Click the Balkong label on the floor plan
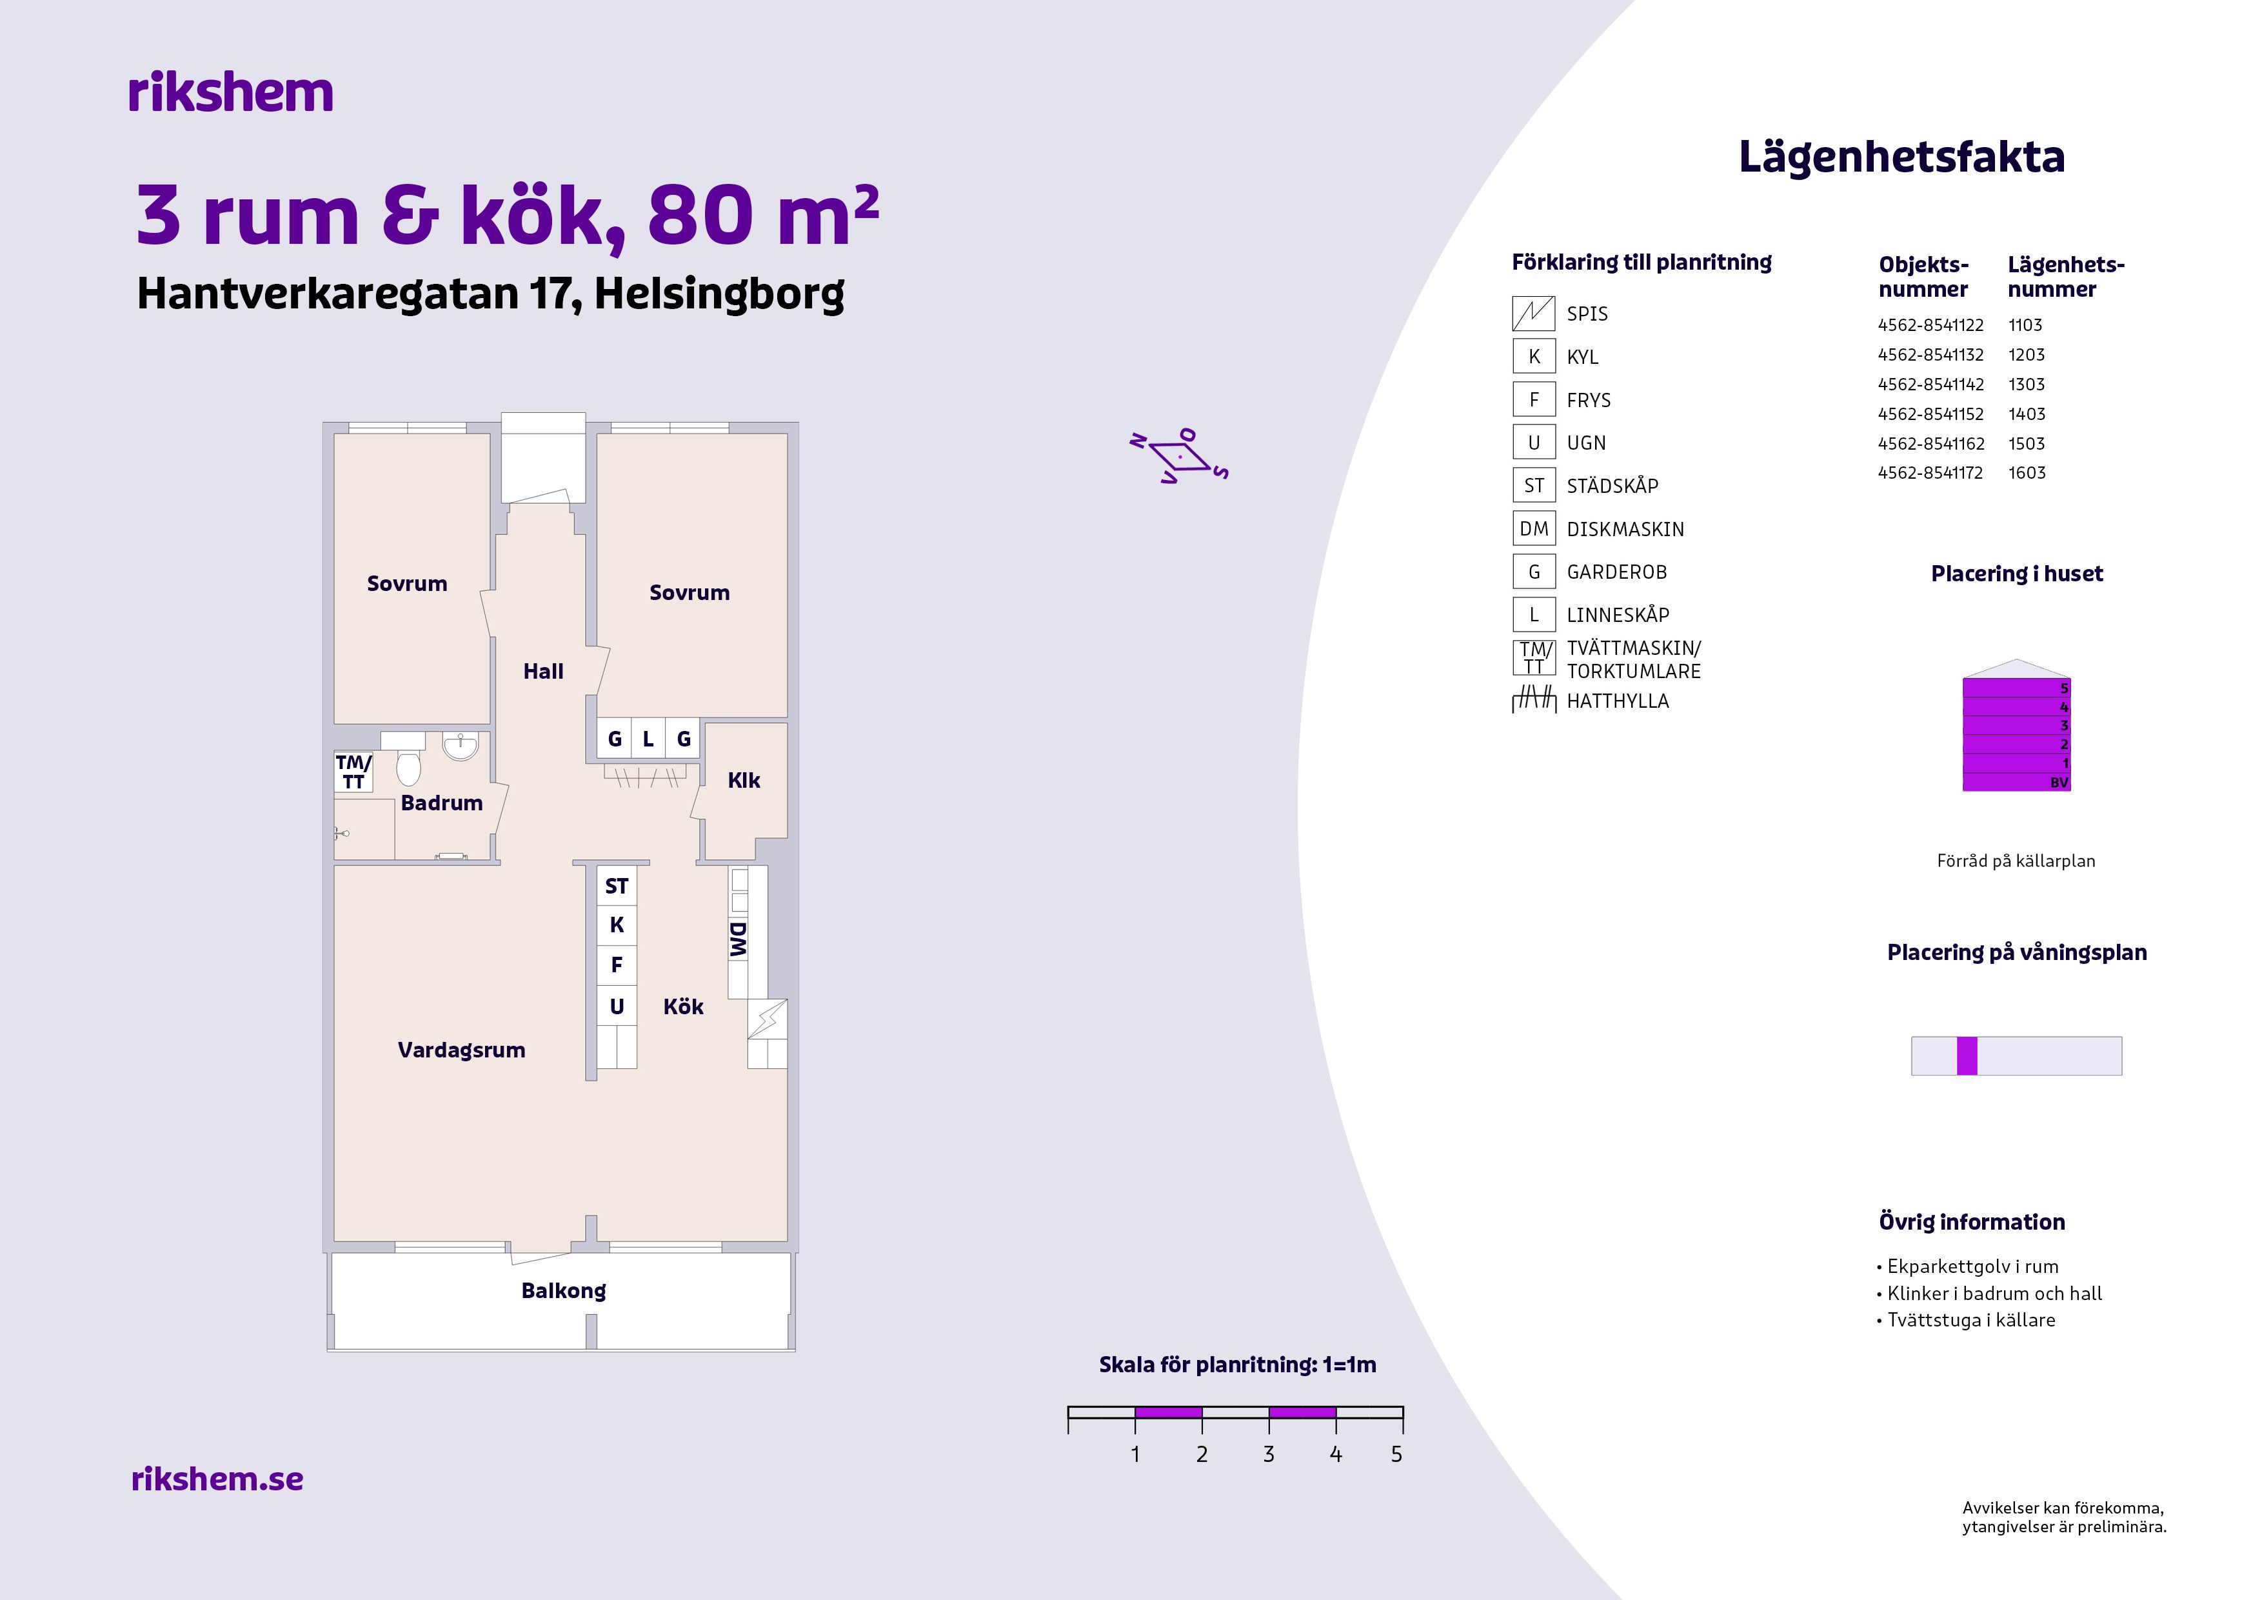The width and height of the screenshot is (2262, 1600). pyautogui.click(x=564, y=1290)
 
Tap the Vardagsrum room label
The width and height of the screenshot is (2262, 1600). pyautogui.click(x=461, y=1050)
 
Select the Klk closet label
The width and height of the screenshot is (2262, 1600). pyautogui.click(x=744, y=780)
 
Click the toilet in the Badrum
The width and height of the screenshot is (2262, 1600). pyautogui.click(x=409, y=768)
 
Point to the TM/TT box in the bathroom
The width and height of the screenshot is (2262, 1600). pyautogui.click(x=353, y=772)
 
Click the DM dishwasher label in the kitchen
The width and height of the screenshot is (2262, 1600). pyautogui.click(x=738, y=940)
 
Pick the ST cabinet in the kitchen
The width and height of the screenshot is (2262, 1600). pyautogui.click(x=617, y=886)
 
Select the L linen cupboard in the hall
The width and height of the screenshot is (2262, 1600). pyautogui.click(x=648, y=739)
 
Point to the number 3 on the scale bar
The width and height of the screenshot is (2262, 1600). pyautogui.click(x=1269, y=1454)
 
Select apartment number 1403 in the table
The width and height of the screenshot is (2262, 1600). pyautogui.click(x=2027, y=414)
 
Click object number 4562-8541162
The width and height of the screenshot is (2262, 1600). pyautogui.click(x=1931, y=443)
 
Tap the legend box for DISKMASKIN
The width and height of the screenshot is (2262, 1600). pyautogui.click(x=1534, y=529)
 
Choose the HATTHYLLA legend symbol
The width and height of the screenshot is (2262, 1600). pyautogui.click(x=1534, y=701)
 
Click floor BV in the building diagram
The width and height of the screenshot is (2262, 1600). pyautogui.click(x=2016, y=783)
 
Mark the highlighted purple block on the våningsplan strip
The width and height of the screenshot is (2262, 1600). pyautogui.click(x=1967, y=1056)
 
